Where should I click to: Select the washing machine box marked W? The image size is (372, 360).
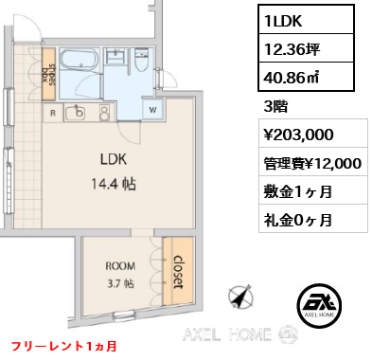152,110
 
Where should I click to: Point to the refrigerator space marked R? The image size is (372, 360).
53,113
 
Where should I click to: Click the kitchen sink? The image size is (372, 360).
76,112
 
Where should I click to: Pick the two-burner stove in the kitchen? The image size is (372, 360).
104,113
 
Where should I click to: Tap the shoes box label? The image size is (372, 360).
49,74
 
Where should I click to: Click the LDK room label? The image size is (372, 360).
114,159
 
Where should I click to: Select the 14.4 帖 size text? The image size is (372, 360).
114,184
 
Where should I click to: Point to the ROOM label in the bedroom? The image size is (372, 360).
120,266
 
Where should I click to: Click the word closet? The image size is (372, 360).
179,272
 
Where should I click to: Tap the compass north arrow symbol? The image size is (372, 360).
241,297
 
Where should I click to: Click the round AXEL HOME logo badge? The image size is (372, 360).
319,305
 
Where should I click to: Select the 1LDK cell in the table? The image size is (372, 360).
307,19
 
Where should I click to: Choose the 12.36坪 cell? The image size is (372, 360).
307,48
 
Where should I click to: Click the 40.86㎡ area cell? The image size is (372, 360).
307,77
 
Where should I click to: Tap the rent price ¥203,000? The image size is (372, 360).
299,135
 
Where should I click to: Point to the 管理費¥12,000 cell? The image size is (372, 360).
313,163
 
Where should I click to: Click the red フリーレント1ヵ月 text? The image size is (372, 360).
64,346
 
